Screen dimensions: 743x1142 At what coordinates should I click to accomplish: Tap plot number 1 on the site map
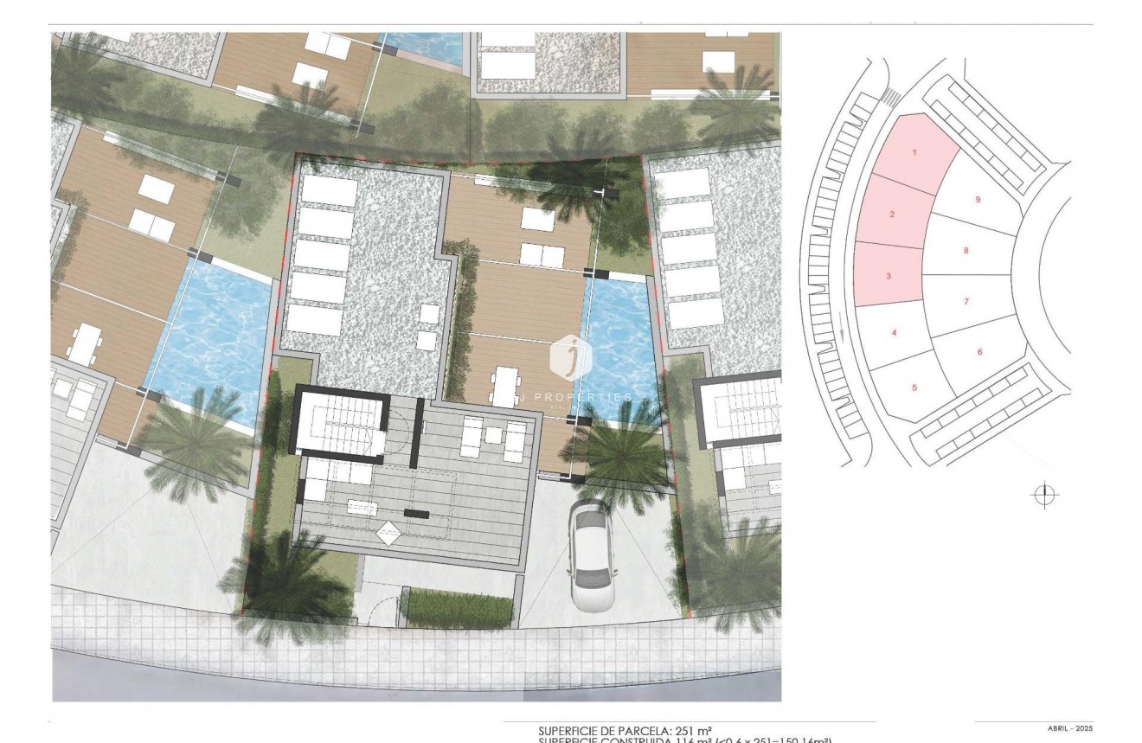[x=914, y=153]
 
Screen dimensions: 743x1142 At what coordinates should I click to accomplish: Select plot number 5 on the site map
[x=914, y=388]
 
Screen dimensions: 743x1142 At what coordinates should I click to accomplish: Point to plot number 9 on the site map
[x=978, y=200]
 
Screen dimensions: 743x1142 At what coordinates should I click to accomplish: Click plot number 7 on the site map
[x=966, y=301]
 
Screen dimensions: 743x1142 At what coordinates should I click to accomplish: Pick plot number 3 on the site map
[x=888, y=277]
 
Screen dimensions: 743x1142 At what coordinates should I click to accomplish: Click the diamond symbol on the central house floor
[x=387, y=533]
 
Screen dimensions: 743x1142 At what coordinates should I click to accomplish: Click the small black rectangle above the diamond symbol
[x=416, y=514]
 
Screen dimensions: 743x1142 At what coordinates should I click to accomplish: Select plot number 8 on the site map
[x=966, y=251]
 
